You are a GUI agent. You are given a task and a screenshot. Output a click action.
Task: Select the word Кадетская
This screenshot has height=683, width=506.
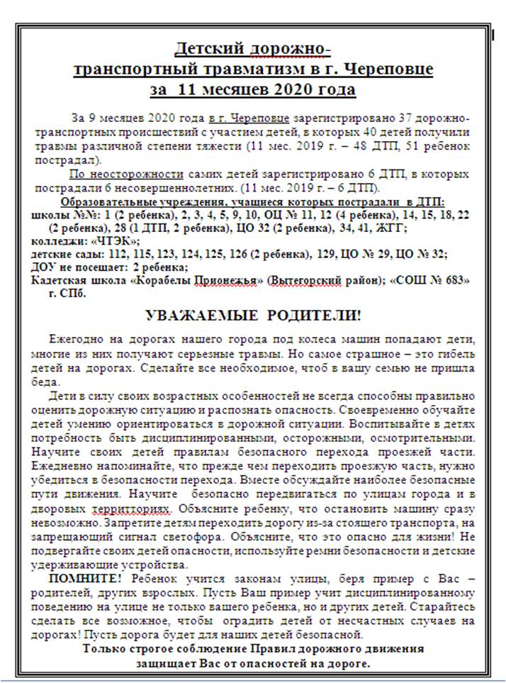coord(60,279)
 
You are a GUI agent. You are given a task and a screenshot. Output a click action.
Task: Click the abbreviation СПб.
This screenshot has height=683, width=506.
coord(74,292)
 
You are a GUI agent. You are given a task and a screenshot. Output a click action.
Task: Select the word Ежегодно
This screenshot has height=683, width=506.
coord(73,339)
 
